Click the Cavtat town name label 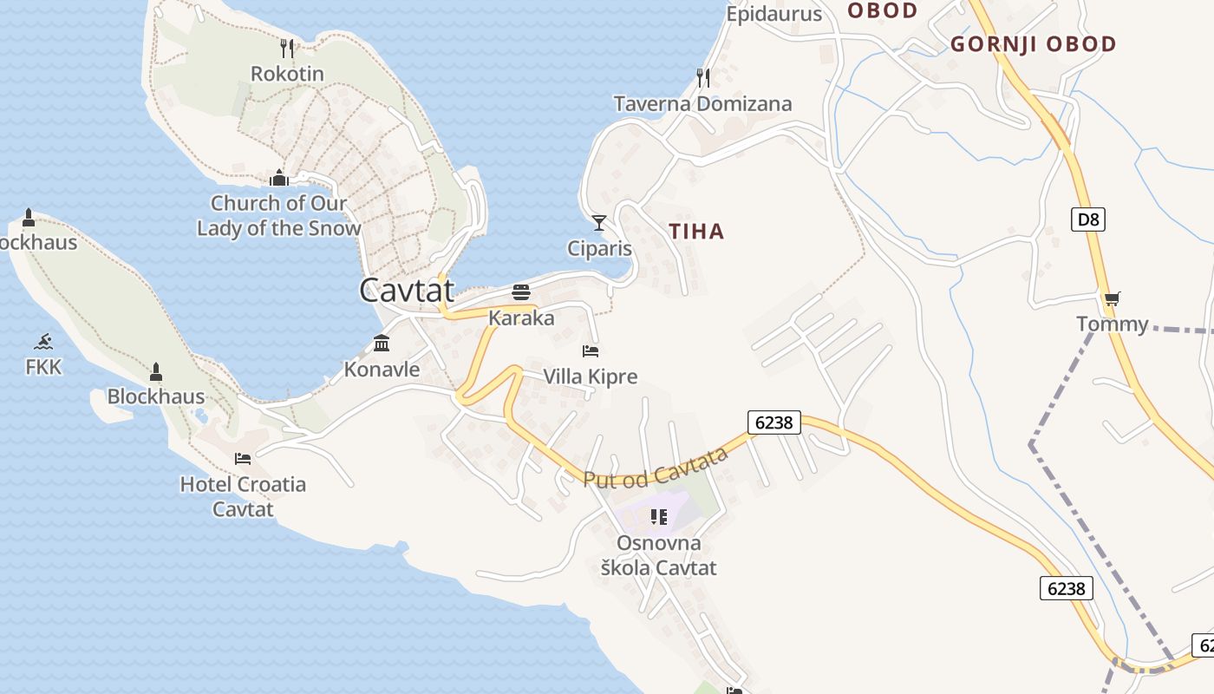pyautogui.click(x=407, y=290)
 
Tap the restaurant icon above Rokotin pyautogui.click(x=288, y=48)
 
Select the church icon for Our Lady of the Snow pyautogui.click(x=279, y=178)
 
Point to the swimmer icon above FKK pyautogui.click(x=43, y=341)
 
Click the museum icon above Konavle pyautogui.click(x=382, y=344)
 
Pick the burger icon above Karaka pyautogui.click(x=521, y=291)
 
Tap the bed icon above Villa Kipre pyautogui.click(x=591, y=351)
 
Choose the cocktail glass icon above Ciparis pyautogui.click(x=598, y=223)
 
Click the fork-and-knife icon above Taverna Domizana pyautogui.click(x=703, y=78)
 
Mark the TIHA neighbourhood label pyautogui.click(x=696, y=232)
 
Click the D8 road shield pyautogui.click(x=1088, y=219)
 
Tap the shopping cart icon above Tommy pyautogui.click(x=1113, y=298)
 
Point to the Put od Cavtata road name pyautogui.click(x=655, y=468)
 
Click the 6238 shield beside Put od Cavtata pyautogui.click(x=773, y=422)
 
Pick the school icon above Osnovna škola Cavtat pyautogui.click(x=659, y=518)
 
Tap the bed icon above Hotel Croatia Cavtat pyautogui.click(x=243, y=458)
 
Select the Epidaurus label pyautogui.click(x=773, y=14)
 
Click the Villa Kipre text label pyautogui.click(x=591, y=376)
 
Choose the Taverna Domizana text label pyautogui.click(x=702, y=104)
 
